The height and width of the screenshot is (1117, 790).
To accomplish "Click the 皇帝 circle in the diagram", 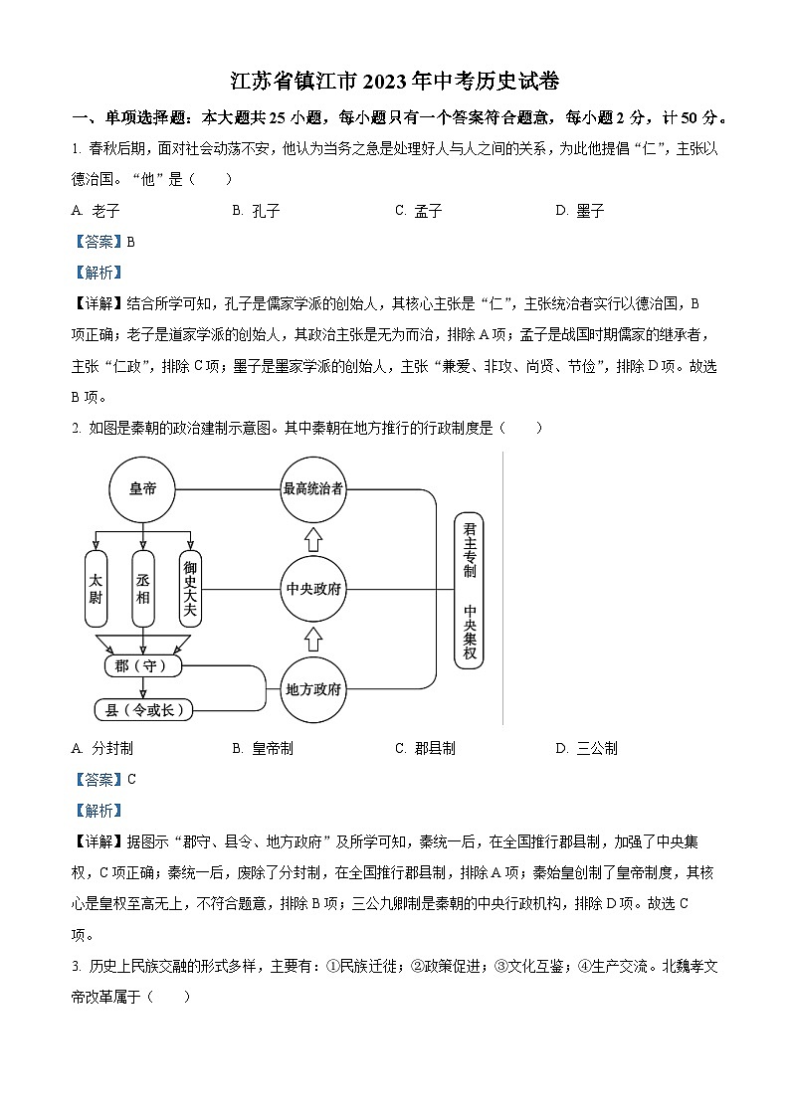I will click(x=142, y=489).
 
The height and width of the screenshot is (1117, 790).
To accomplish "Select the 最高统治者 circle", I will click(x=313, y=489).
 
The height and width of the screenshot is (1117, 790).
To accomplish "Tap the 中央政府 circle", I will click(x=313, y=589).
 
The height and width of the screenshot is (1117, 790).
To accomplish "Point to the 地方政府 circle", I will click(x=313, y=688).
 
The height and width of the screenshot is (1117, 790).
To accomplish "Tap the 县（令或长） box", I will click(x=142, y=709).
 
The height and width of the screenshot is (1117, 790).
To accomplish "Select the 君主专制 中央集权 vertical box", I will click(x=470, y=591).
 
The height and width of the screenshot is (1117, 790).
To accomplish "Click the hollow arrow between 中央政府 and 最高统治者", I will click(x=313, y=539).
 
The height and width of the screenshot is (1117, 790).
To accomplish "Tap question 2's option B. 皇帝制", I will click(x=262, y=748).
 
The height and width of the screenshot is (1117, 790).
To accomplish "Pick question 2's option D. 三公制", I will click(x=586, y=748).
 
